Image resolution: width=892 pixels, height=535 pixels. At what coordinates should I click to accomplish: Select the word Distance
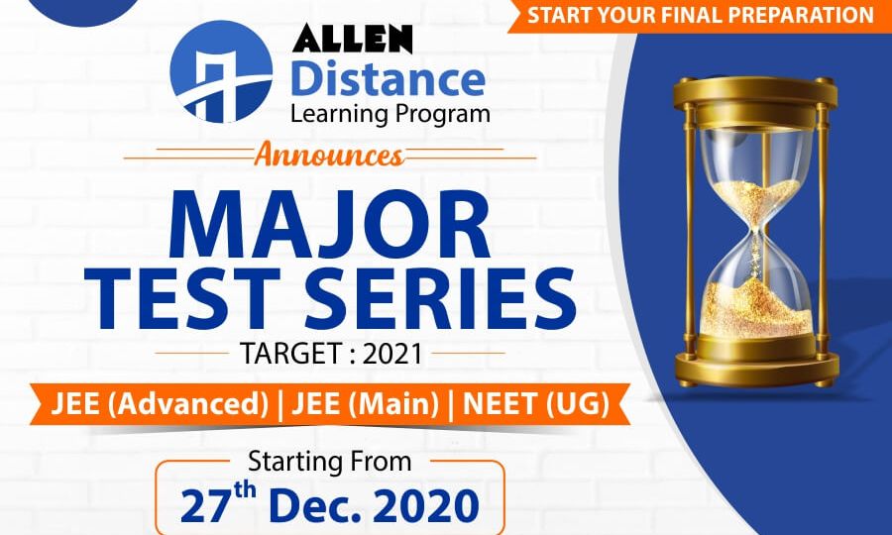coord(388,80)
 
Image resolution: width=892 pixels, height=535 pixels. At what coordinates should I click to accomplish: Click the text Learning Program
coord(390,114)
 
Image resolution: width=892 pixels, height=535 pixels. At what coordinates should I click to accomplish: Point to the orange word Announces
coord(329,156)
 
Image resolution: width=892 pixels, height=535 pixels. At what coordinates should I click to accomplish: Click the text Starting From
coord(329,461)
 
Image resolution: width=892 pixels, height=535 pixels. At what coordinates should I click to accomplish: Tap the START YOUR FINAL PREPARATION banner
coord(701,15)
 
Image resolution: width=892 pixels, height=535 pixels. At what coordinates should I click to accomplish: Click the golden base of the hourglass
coord(757,368)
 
